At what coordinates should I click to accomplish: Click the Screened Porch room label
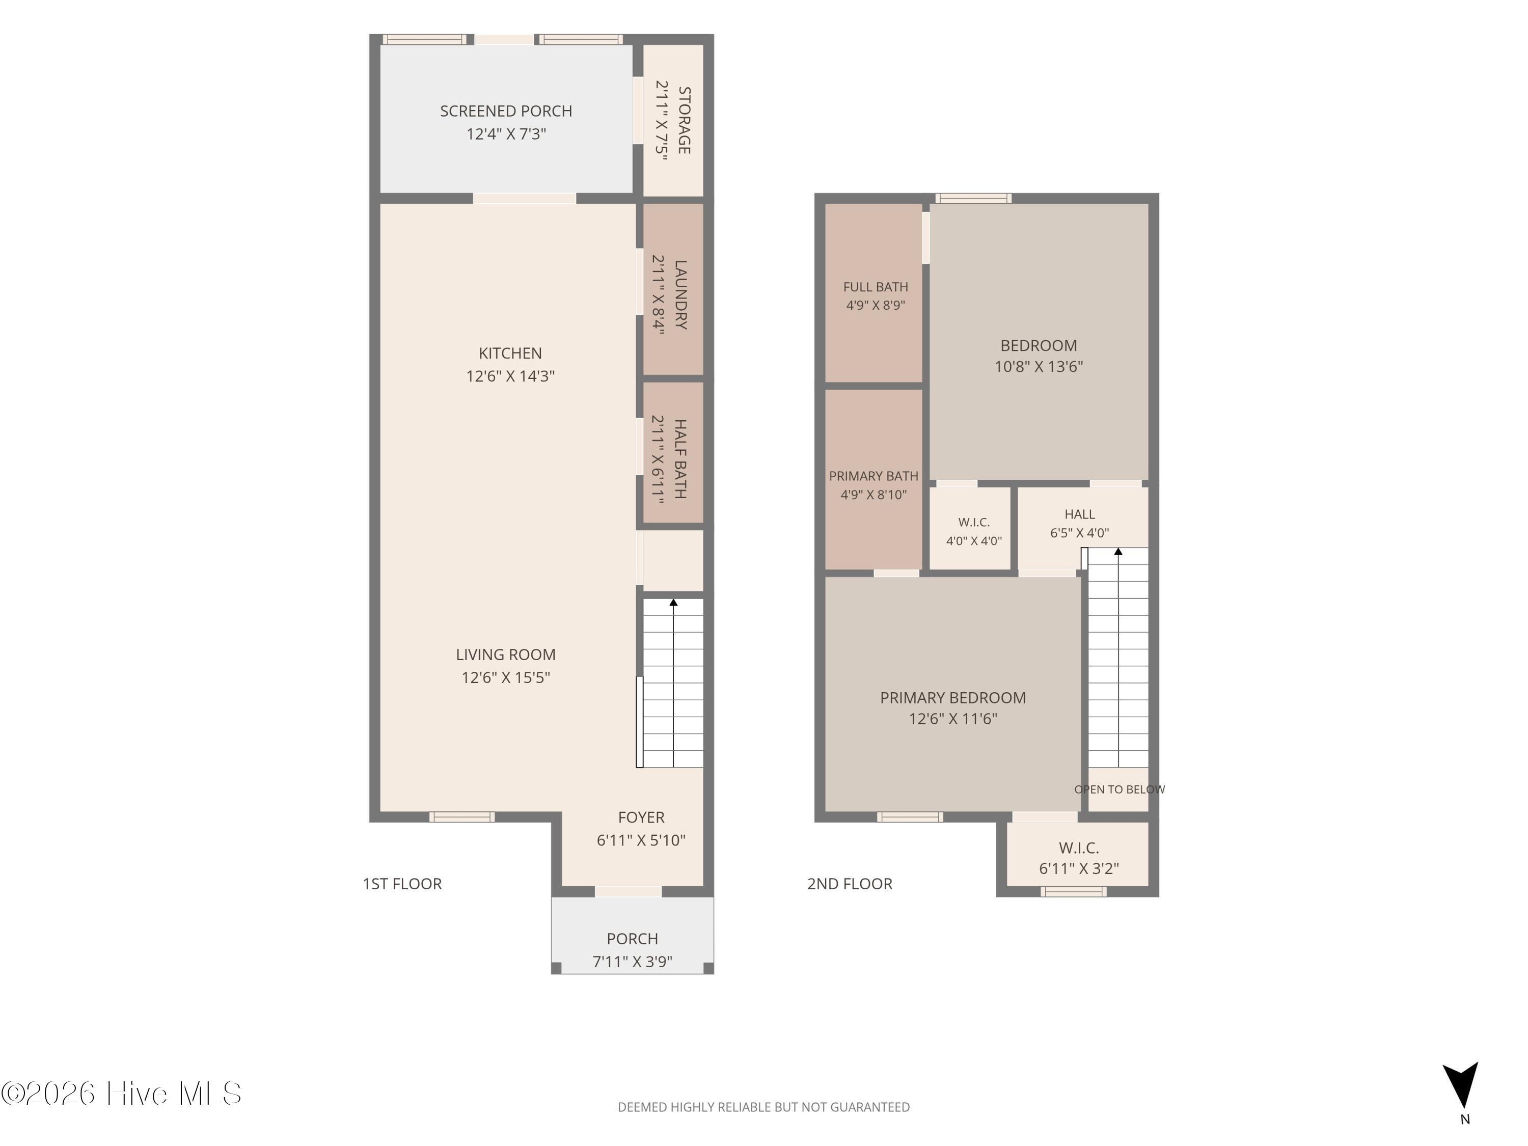point(506,111)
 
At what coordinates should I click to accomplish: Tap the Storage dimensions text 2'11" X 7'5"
point(662,120)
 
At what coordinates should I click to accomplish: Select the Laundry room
point(673,289)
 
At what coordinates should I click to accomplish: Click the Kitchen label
point(510,353)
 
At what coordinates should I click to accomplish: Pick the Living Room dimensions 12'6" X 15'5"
point(506,677)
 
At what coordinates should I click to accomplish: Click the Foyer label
point(641,817)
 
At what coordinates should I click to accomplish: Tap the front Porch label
point(632,939)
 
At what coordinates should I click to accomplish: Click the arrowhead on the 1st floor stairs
point(673,603)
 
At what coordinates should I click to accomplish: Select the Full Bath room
point(874,292)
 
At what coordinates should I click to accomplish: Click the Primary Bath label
point(874,476)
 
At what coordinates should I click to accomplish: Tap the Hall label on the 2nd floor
point(1080,514)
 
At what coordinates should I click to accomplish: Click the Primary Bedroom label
point(952,698)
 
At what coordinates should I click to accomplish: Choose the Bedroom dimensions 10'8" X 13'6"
point(1038,367)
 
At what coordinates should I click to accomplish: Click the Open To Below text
point(1119,789)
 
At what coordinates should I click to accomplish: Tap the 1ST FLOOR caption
point(402,884)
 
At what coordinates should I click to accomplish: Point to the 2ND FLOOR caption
point(850,884)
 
